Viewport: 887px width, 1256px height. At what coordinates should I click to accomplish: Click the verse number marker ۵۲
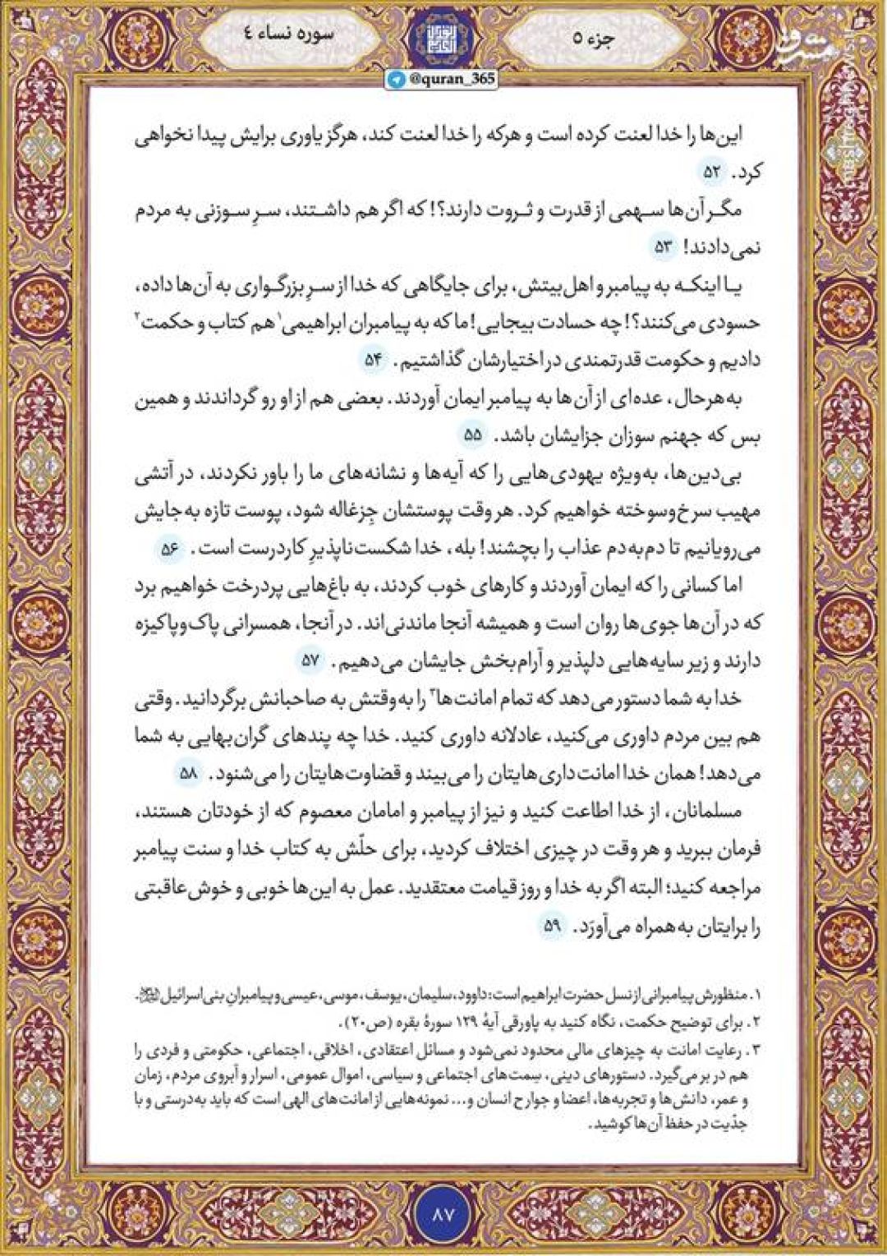pos(710,173)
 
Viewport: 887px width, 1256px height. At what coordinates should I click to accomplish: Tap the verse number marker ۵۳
pos(663,245)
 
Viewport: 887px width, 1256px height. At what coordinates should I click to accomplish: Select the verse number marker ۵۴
pos(374,360)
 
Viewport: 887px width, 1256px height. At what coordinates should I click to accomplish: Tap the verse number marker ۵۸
pos(189,774)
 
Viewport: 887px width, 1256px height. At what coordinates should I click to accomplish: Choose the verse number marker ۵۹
pos(551,926)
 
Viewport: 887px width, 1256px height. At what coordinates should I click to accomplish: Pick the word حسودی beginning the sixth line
pos(738,323)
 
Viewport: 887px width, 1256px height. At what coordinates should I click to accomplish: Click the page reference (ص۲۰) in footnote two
pos(363,1024)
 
